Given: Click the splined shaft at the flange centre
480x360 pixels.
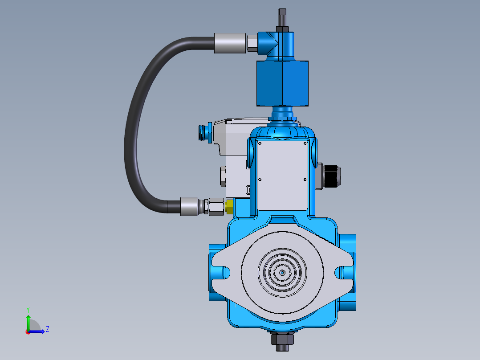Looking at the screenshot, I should (281, 272).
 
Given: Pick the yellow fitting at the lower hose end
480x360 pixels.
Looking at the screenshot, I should (230, 206).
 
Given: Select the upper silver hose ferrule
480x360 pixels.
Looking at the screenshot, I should (230, 43).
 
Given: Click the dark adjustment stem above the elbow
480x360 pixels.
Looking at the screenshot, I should (282, 17).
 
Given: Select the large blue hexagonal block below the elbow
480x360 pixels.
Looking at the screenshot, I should (282, 84).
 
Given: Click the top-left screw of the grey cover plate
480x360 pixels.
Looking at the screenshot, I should (260, 143).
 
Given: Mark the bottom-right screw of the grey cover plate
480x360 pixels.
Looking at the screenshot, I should (305, 180).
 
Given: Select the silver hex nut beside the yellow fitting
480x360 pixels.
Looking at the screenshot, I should (216, 207).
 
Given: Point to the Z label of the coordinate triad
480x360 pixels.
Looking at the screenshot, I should (47, 329).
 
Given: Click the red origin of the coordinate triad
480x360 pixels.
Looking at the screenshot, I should (28, 331).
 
